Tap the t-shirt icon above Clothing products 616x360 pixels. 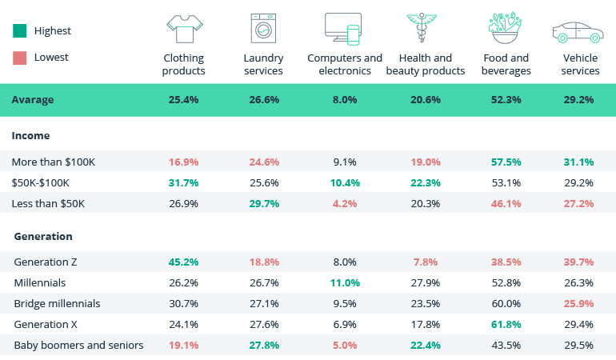(x=183, y=29)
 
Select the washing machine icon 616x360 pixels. (x=262, y=29)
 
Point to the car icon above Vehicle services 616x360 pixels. (x=578, y=32)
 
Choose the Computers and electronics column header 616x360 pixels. (x=345, y=64)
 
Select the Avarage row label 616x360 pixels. (x=33, y=101)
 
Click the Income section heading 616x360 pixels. (x=30, y=136)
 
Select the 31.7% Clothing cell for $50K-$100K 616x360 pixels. (x=183, y=182)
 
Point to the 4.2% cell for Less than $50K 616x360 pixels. (x=345, y=203)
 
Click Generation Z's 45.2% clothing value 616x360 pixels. (x=183, y=262)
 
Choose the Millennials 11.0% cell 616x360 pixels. (x=345, y=282)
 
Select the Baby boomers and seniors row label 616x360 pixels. (x=78, y=345)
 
